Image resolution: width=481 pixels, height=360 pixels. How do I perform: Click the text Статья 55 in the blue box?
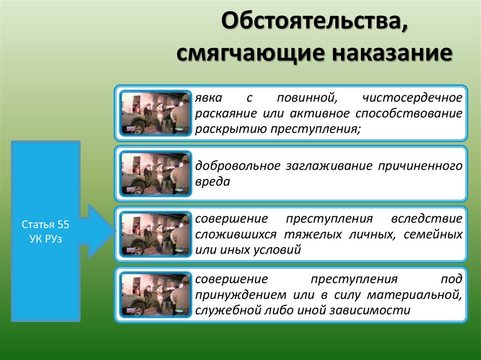(x=46, y=224)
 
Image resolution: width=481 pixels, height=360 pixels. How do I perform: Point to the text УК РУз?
(x=46, y=239)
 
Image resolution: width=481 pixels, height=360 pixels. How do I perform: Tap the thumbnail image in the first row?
(x=155, y=113)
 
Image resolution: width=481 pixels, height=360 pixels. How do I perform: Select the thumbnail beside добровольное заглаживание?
(x=155, y=173)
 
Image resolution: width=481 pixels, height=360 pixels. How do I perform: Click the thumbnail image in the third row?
(x=155, y=234)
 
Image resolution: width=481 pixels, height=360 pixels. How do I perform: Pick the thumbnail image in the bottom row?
(x=155, y=295)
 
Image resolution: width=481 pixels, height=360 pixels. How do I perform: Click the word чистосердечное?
(x=412, y=98)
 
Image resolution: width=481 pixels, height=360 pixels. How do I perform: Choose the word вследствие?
(x=426, y=219)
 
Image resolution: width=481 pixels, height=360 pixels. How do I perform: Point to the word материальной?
(x=413, y=295)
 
